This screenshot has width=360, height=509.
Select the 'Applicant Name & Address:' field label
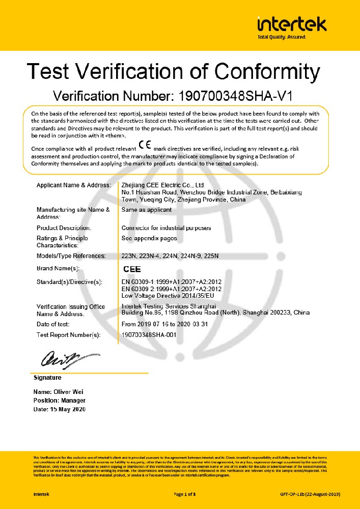click(74, 185)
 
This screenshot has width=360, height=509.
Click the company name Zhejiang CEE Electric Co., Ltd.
click(163, 185)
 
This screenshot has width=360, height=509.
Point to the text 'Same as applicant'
click(147, 210)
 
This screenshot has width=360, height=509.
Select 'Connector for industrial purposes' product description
click(166, 228)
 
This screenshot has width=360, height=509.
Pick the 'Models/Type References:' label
click(71, 256)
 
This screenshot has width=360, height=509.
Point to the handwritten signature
click(57, 360)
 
